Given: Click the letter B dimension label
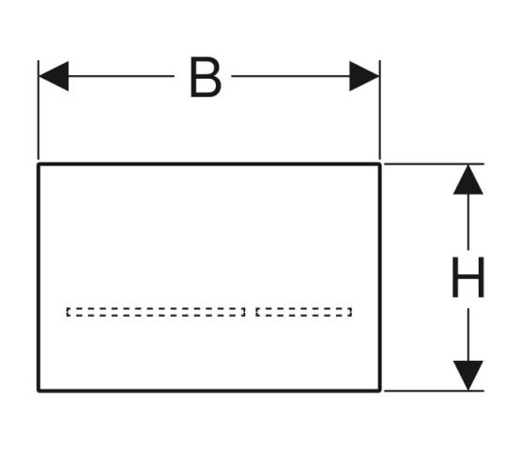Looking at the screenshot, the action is pyautogui.click(x=206, y=77).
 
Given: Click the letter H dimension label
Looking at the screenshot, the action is pyautogui.click(x=468, y=277).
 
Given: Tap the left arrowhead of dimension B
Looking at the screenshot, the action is pyautogui.click(x=54, y=76).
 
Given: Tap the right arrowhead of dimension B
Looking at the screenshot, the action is pyautogui.click(x=364, y=76).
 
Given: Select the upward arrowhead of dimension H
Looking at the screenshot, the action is pyautogui.click(x=468, y=179).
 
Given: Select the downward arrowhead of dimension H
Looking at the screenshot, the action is pyautogui.click(x=468, y=375).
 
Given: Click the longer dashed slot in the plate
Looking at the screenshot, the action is pyautogui.click(x=156, y=312).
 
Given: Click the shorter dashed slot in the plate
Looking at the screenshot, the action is pyautogui.click(x=303, y=312).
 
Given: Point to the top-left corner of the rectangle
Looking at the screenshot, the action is pyautogui.click(x=38, y=163).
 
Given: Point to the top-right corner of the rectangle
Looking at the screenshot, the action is pyautogui.click(x=379, y=163).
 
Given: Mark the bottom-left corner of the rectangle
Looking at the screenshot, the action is pyautogui.click(x=38, y=390).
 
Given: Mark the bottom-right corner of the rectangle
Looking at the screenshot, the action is pyautogui.click(x=379, y=390).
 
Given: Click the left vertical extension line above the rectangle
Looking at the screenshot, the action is pyautogui.click(x=38, y=110).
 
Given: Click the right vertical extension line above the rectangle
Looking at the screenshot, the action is pyautogui.click(x=380, y=110).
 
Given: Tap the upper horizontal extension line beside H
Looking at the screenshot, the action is pyautogui.click(x=434, y=163).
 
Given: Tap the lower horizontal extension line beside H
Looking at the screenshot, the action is pyautogui.click(x=434, y=391).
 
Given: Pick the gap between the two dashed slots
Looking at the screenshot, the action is pyautogui.click(x=251, y=312).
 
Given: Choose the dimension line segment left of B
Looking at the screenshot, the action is pyautogui.click(x=121, y=76).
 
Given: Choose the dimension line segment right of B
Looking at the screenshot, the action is pyautogui.click(x=291, y=76).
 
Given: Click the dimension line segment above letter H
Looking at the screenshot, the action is pyautogui.click(x=468, y=222).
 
